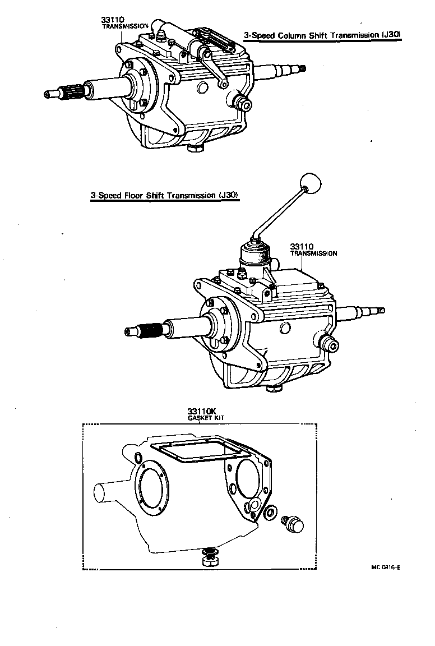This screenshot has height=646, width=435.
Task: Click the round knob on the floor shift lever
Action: pos(312,182)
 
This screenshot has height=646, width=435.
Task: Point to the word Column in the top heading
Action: pos(299,35)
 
